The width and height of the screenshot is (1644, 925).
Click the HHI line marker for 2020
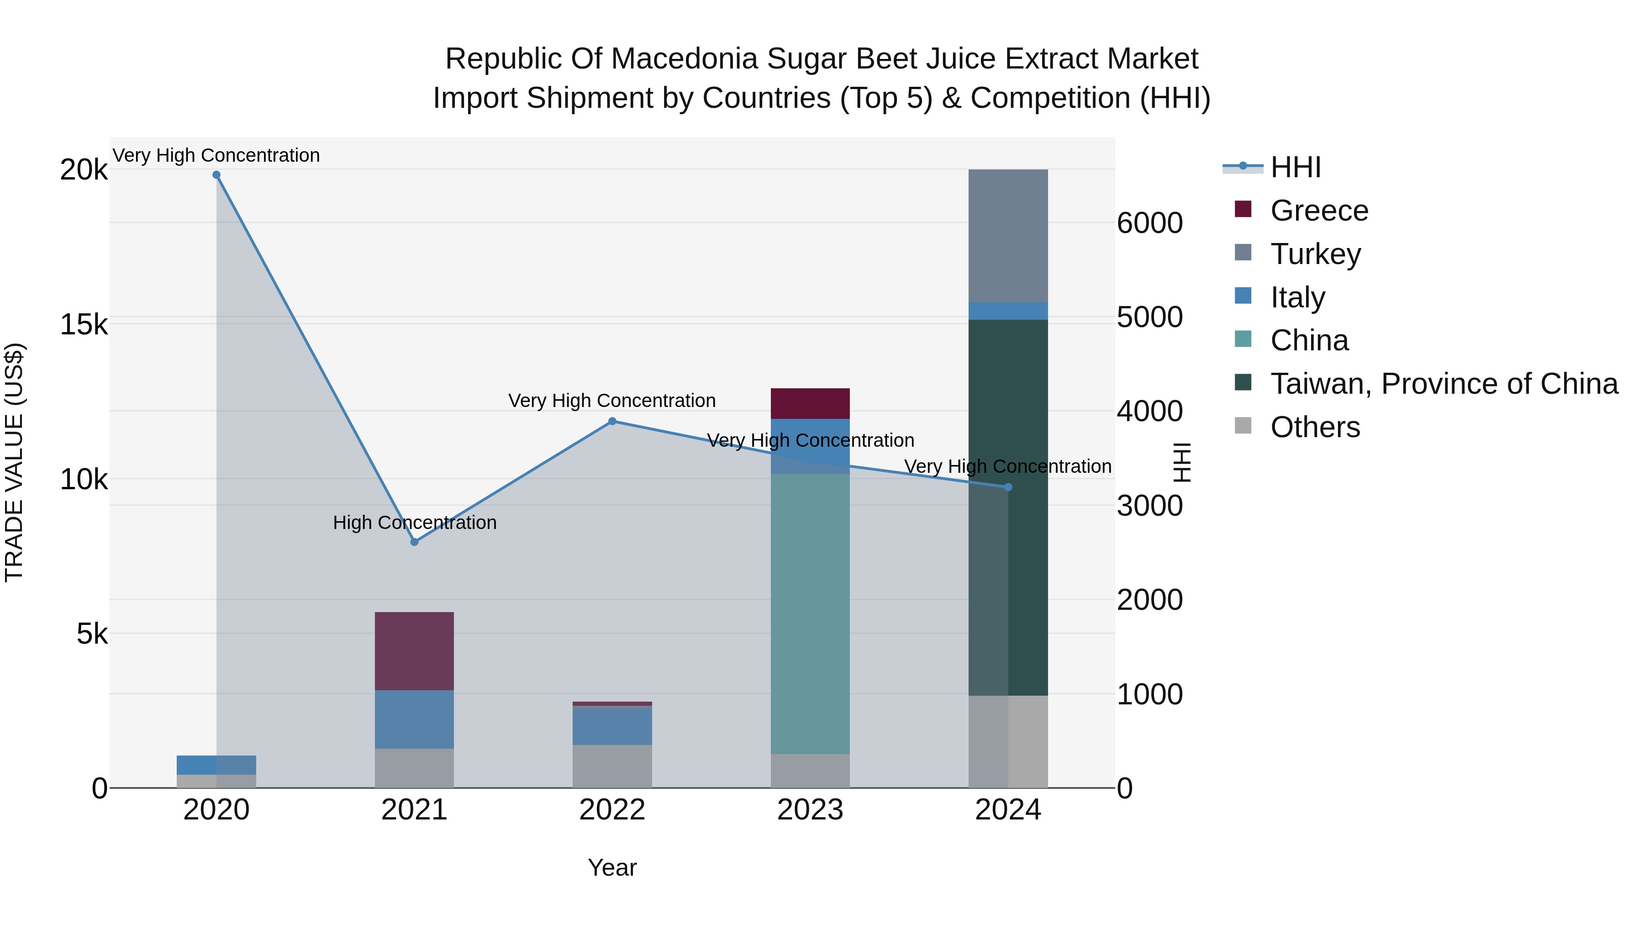pos(216,175)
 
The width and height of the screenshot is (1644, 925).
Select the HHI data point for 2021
pos(414,542)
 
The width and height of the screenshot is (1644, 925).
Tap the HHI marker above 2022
pos(612,421)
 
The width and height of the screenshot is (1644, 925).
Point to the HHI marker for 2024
pos(1008,487)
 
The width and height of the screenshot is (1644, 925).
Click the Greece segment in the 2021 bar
pos(414,651)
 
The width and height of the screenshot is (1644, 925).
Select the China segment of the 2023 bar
pos(810,613)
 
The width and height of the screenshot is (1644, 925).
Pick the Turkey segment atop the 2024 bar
pos(1008,236)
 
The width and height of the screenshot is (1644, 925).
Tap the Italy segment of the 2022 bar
pos(612,726)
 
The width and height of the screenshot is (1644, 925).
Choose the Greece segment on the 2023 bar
pos(810,403)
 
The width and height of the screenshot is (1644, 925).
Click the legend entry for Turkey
pos(1315,254)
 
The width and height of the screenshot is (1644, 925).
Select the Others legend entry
pos(1315,427)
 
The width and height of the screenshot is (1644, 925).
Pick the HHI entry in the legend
pos(1295,167)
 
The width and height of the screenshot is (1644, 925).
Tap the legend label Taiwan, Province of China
pos(1444,384)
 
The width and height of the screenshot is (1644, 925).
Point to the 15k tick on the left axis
pos(84,324)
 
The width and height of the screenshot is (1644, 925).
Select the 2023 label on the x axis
pos(810,810)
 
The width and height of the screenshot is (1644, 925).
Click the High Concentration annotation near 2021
pos(414,522)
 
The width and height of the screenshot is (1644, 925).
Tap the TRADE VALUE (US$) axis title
pos(14,462)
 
